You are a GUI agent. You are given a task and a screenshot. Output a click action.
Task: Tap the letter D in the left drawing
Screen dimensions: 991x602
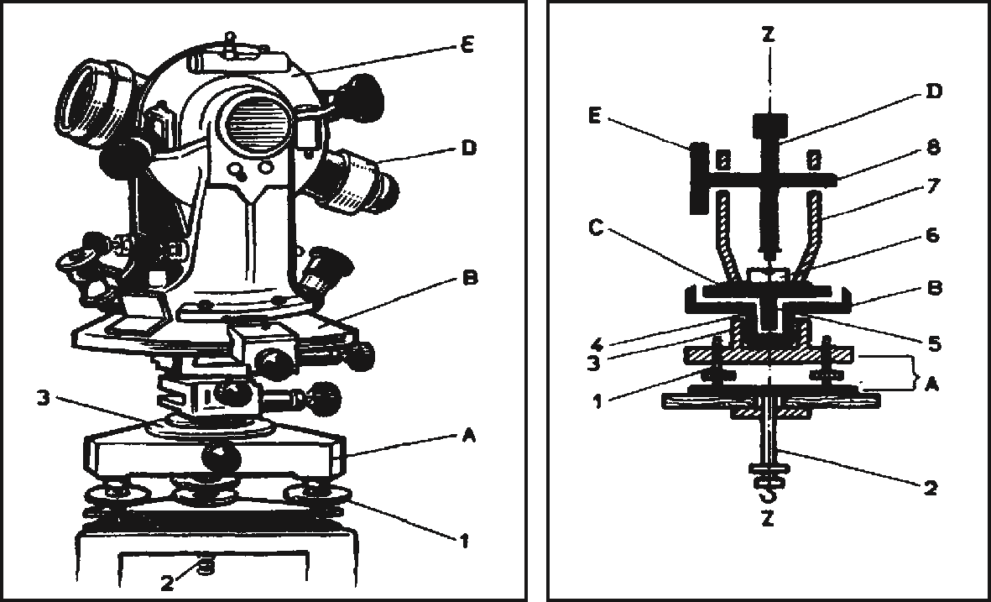point(468,148)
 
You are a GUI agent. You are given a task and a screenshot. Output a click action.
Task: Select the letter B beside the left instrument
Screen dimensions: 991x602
point(470,278)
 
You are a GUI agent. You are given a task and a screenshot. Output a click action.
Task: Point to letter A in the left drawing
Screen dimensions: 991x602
point(468,436)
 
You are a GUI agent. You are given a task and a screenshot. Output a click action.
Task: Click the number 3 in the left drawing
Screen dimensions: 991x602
point(44,400)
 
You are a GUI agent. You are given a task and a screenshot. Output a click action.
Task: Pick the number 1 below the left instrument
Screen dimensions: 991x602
point(463,541)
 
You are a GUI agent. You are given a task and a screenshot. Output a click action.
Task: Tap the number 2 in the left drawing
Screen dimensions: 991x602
point(167,583)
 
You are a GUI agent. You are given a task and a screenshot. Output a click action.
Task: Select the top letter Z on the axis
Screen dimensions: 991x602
point(768,34)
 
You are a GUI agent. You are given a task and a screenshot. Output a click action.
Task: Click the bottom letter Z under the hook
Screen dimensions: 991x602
point(768,520)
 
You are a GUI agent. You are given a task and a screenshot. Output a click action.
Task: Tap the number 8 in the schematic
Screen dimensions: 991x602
point(934,147)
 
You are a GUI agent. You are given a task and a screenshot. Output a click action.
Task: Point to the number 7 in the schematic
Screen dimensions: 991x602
point(934,186)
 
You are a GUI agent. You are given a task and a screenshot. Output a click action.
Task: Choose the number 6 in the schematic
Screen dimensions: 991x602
point(934,236)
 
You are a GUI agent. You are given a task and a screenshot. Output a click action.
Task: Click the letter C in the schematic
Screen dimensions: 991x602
point(596,228)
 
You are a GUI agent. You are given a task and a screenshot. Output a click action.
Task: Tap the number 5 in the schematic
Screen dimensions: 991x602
point(934,344)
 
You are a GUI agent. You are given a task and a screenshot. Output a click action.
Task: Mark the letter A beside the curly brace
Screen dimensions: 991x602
point(931,383)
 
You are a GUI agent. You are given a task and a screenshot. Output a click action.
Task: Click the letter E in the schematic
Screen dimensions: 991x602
point(595,117)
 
